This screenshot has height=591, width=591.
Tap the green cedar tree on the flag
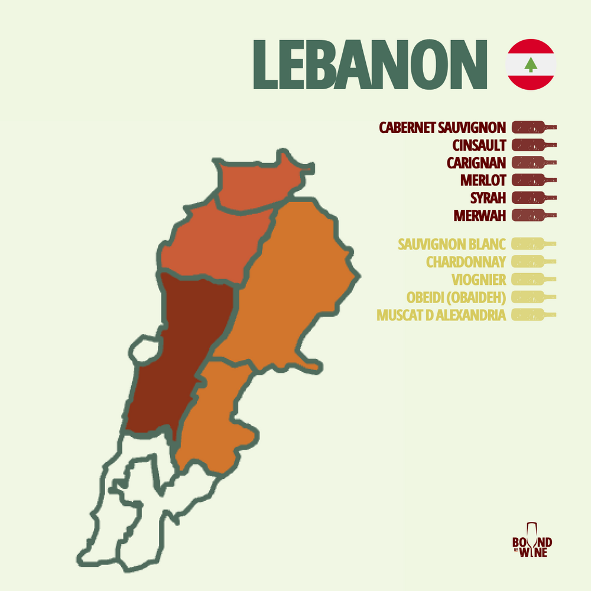coord(531,64)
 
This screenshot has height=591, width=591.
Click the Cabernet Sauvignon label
coord(442,127)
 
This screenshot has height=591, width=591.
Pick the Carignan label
coord(476,163)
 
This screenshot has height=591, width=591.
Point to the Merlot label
coord(483,180)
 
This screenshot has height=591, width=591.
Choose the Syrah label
coord(488,197)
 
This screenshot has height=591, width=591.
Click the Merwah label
coord(480,215)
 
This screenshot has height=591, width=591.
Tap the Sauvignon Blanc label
coord(452,243)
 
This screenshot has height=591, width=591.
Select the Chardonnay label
coord(466,261)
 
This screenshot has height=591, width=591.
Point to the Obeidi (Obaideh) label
coord(456,297)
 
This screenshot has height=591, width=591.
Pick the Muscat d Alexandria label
coord(441,314)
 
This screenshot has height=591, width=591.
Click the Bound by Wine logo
coord(531,540)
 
